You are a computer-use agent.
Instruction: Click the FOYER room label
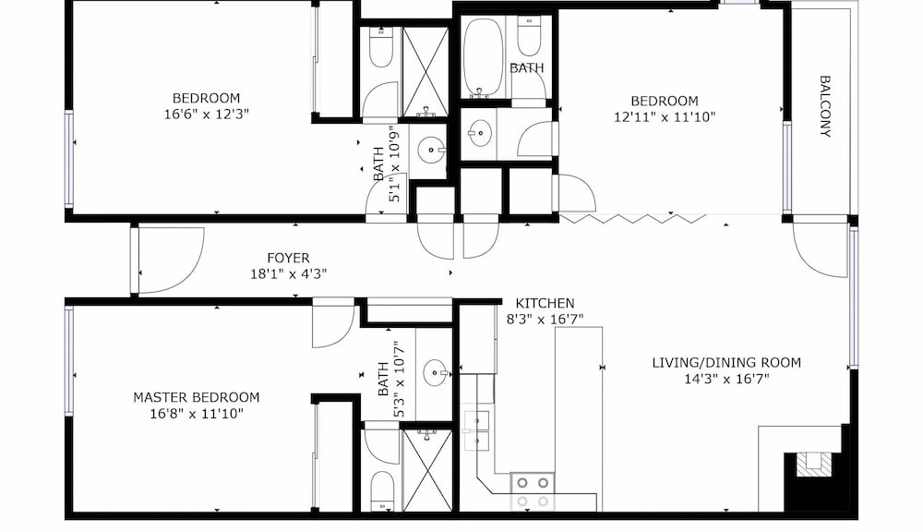pyautogui.click(x=288, y=258)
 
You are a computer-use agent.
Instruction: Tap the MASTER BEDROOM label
pyautogui.click(x=196, y=398)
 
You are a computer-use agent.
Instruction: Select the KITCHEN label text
pyautogui.click(x=545, y=304)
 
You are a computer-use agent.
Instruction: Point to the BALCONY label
pyautogui.click(x=825, y=106)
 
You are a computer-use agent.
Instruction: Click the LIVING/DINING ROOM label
pyautogui.click(x=726, y=362)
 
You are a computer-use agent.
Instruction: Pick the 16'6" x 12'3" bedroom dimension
pyautogui.click(x=206, y=114)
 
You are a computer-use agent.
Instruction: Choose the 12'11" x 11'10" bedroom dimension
pyautogui.click(x=665, y=116)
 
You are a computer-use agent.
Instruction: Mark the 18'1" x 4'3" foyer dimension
pyautogui.click(x=288, y=274)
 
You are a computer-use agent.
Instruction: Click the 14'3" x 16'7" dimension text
pyautogui.click(x=726, y=379)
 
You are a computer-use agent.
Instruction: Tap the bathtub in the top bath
pyautogui.click(x=484, y=58)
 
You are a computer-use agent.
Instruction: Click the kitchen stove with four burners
pyautogui.click(x=533, y=492)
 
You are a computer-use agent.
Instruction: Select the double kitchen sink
pyautogui.click(x=476, y=430)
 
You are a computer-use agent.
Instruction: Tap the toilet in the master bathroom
pyautogui.click(x=382, y=490)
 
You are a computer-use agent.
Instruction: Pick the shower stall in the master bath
pyautogui.click(x=427, y=470)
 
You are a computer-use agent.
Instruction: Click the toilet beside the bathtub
pyautogui.click(x=529, y=37)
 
